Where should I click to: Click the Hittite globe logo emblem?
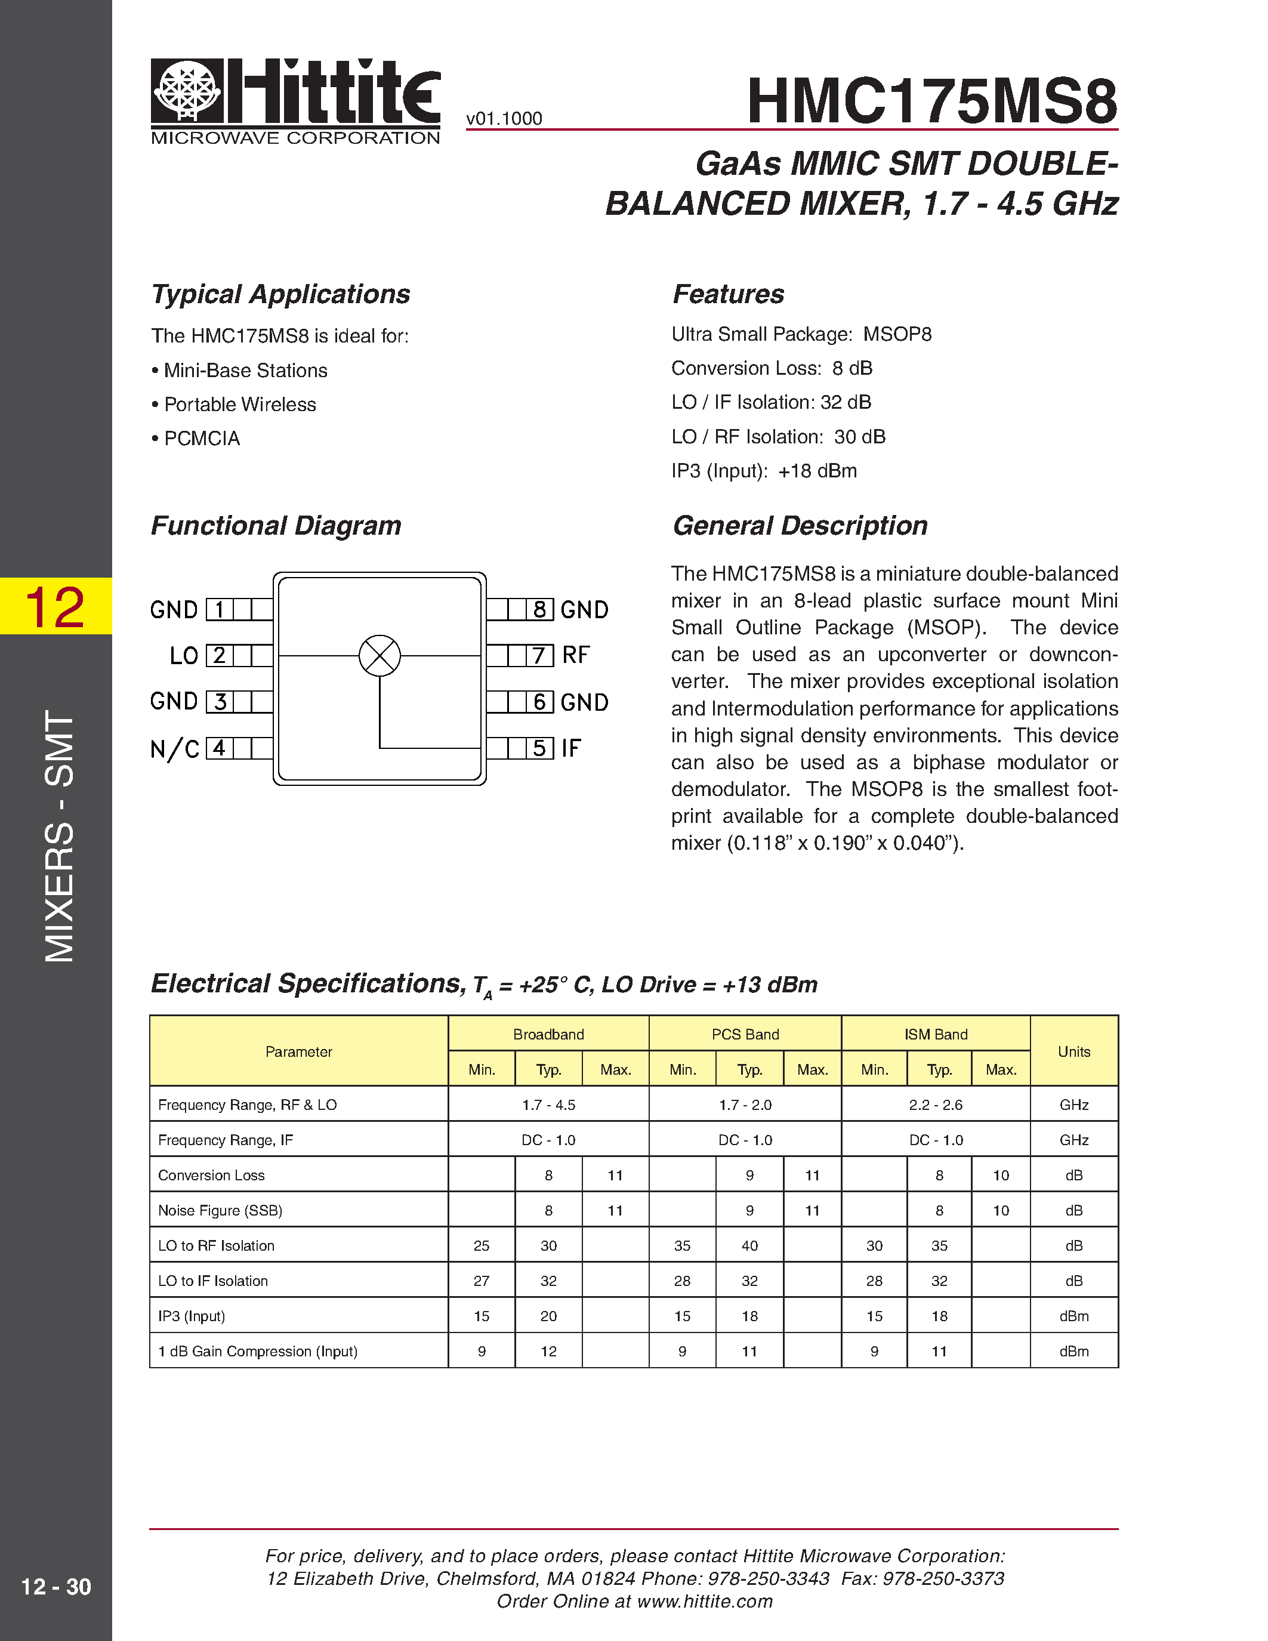coord(188,90)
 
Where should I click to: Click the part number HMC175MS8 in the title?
coord(931,101)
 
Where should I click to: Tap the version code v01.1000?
coord(504,119)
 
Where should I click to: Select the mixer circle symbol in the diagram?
coord(380,655)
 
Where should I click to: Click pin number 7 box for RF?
coord(539,655)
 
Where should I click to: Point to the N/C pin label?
coord(174,748)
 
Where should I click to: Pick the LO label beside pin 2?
coord(183,655)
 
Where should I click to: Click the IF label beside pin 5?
coord(571,748)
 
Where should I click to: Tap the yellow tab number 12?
coord(55,606)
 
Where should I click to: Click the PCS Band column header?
coord(745,1034)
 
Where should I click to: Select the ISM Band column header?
coord(936,1034)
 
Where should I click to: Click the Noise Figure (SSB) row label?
coord(220,1211)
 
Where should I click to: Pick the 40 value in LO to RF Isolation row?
coord(749,1246)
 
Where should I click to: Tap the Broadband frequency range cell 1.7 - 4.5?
coord(548,1105)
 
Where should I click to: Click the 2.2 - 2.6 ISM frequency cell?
coord(936,1105)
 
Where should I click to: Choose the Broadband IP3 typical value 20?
coord(548,1316)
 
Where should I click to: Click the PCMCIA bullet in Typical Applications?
coord(201,439)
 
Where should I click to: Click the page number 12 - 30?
coord(55,1586)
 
